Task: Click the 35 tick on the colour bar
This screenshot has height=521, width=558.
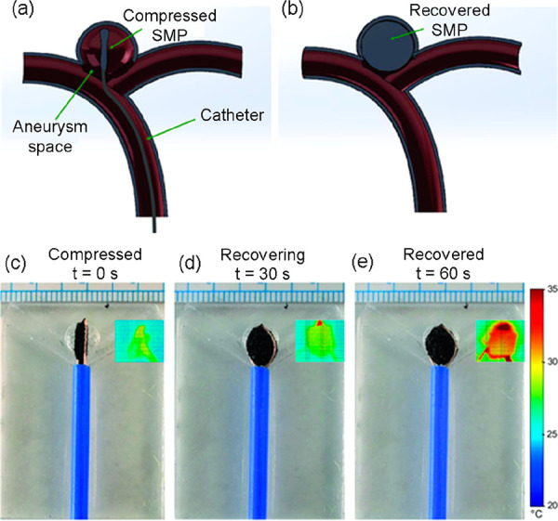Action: (x=547, y=290)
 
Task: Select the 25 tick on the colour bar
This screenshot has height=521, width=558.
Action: (x=547, y=433)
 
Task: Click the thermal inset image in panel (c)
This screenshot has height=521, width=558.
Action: (x=135, y=341)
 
